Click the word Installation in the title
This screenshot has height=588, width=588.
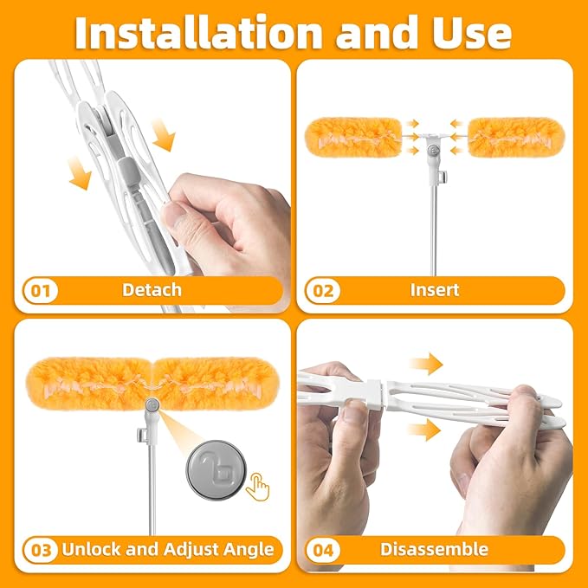point(198,33)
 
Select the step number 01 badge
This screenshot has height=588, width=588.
point(41,291)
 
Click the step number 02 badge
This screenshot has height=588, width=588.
point(322,291)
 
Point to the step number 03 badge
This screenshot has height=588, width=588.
point(41,550)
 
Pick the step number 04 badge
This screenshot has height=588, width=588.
point(322,550)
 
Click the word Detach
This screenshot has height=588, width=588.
point(152,290)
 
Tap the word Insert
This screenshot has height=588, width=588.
point(435,290)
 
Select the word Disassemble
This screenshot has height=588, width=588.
point(434,549)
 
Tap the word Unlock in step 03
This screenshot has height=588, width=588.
point(92,549)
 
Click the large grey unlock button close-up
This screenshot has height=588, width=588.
point(216,470)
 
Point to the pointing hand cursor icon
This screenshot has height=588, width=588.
point(258,487)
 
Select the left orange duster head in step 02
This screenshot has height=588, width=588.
point(353,138)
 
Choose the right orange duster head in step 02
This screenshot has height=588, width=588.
point(517,138)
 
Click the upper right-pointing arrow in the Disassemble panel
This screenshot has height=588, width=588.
point(426,364)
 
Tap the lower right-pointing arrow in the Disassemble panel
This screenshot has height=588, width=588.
point(423,430)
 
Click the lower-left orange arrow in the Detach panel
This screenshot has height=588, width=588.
point(81,173)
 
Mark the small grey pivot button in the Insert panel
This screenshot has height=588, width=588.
point(435,151)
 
